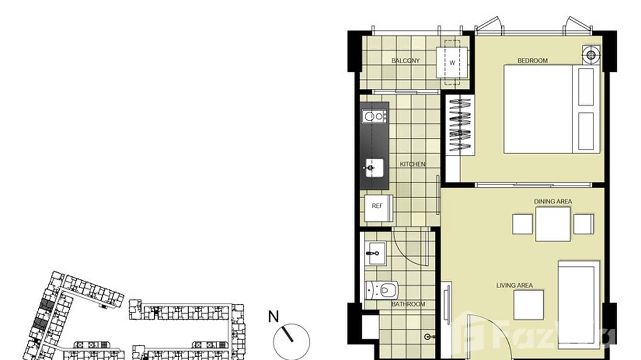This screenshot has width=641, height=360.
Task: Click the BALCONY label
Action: point(406,61)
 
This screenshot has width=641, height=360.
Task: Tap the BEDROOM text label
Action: point(533,61)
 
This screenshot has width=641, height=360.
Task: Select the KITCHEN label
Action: point(413,164)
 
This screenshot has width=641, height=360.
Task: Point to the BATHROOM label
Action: point(408,304)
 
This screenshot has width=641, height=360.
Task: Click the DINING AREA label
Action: point(553,201)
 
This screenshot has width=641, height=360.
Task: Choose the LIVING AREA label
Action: point(514,286)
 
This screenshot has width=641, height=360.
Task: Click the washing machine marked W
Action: point(452,63)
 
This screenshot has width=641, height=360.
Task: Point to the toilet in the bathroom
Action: point(382,289)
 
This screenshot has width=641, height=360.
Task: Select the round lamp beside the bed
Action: point(591,54)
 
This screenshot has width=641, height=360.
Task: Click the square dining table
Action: point(553,224)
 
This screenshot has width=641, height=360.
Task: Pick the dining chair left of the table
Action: point(523,224)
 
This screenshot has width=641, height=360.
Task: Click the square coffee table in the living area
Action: point(529,305)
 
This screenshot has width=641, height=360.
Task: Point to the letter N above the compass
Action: point(273,317)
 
